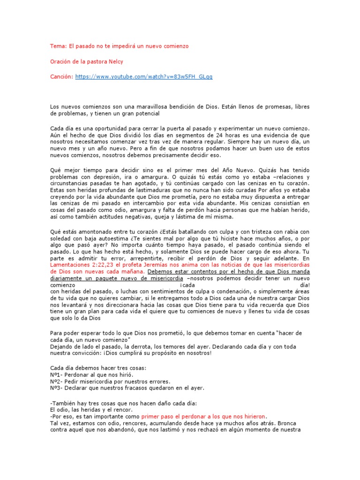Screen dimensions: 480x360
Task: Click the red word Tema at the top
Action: click(58, 46)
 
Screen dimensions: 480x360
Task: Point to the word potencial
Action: click(145, 113)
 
